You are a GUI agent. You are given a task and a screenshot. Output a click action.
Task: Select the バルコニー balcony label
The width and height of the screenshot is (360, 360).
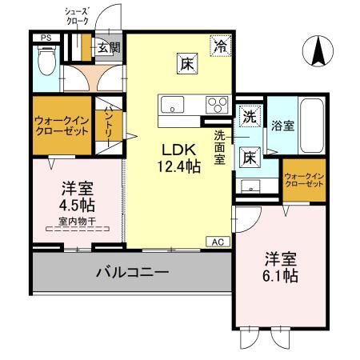tap(132, 273)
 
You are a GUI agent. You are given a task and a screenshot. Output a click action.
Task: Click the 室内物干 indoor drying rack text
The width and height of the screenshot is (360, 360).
tap(77, 220)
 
